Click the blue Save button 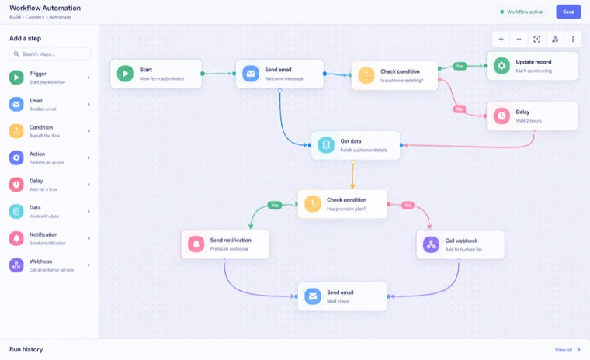pos(568,12)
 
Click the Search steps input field pos(50,54)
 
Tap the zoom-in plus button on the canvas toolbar pos(501,39)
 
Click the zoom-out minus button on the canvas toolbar pos(519,39)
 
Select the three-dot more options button pos(573,39)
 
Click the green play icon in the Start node pos(125,74)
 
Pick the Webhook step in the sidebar pos(50,265)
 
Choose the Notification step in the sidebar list pos(50,238)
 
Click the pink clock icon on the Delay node pos(501,116)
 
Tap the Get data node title pos(351,141)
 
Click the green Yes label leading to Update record pos(460,66)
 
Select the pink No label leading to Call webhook pos(408,205)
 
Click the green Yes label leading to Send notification pos(275,205)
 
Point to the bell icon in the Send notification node pos(196,244)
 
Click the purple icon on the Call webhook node pos(431,244)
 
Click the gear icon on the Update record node pos(501,66)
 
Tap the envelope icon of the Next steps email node pos(313,296)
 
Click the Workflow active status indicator pos(521,12)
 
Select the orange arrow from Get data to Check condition pos(352,175)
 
